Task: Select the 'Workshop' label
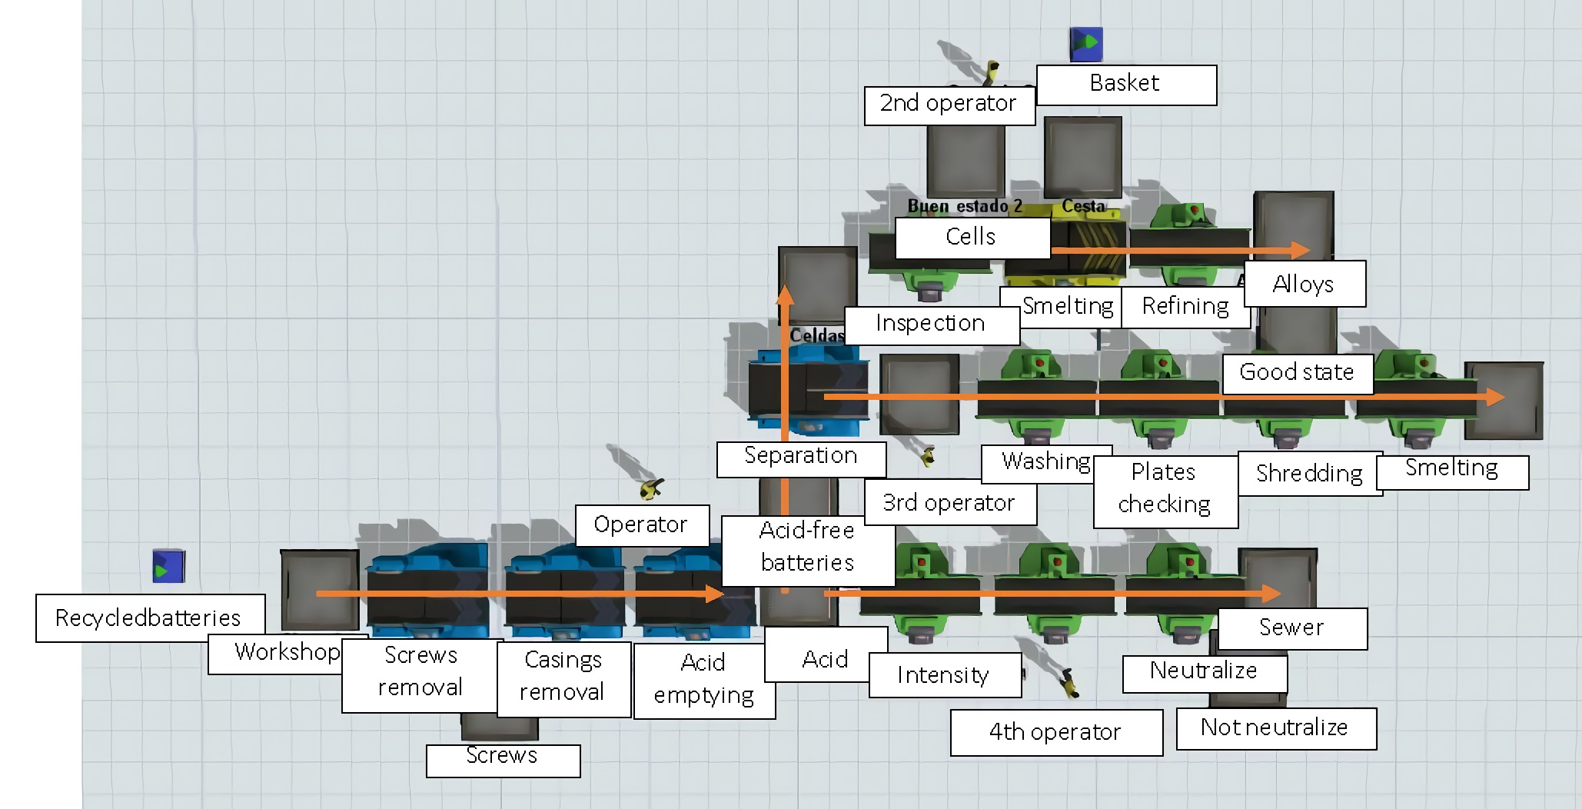(x=286, y=653)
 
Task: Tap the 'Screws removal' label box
(x=420, y=671)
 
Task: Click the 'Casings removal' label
(x=563, y=676)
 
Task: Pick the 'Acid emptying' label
(x=703, y=678)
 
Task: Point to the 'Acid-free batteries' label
(x=807, y=547)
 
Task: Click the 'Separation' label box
(x=800, y=456)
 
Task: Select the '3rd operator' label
(x=949, y=503)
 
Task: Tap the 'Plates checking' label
(x=1165, y=488)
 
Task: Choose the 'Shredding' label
(x=1309, y=473)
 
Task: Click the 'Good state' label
(x=1297, y=372)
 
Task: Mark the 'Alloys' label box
(x=1304, y=284)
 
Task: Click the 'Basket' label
(x=1125, y=84)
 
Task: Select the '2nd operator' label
(x=949, y=104)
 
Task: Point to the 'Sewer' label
(x=1291, y=628)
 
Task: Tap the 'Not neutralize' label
(x=1275, y=727)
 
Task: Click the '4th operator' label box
(x=1055, y=732)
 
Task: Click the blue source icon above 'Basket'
(x=1086, y=45)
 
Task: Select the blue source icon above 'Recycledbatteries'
(x=168, y=567)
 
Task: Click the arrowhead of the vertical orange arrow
(x=785, y=295)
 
